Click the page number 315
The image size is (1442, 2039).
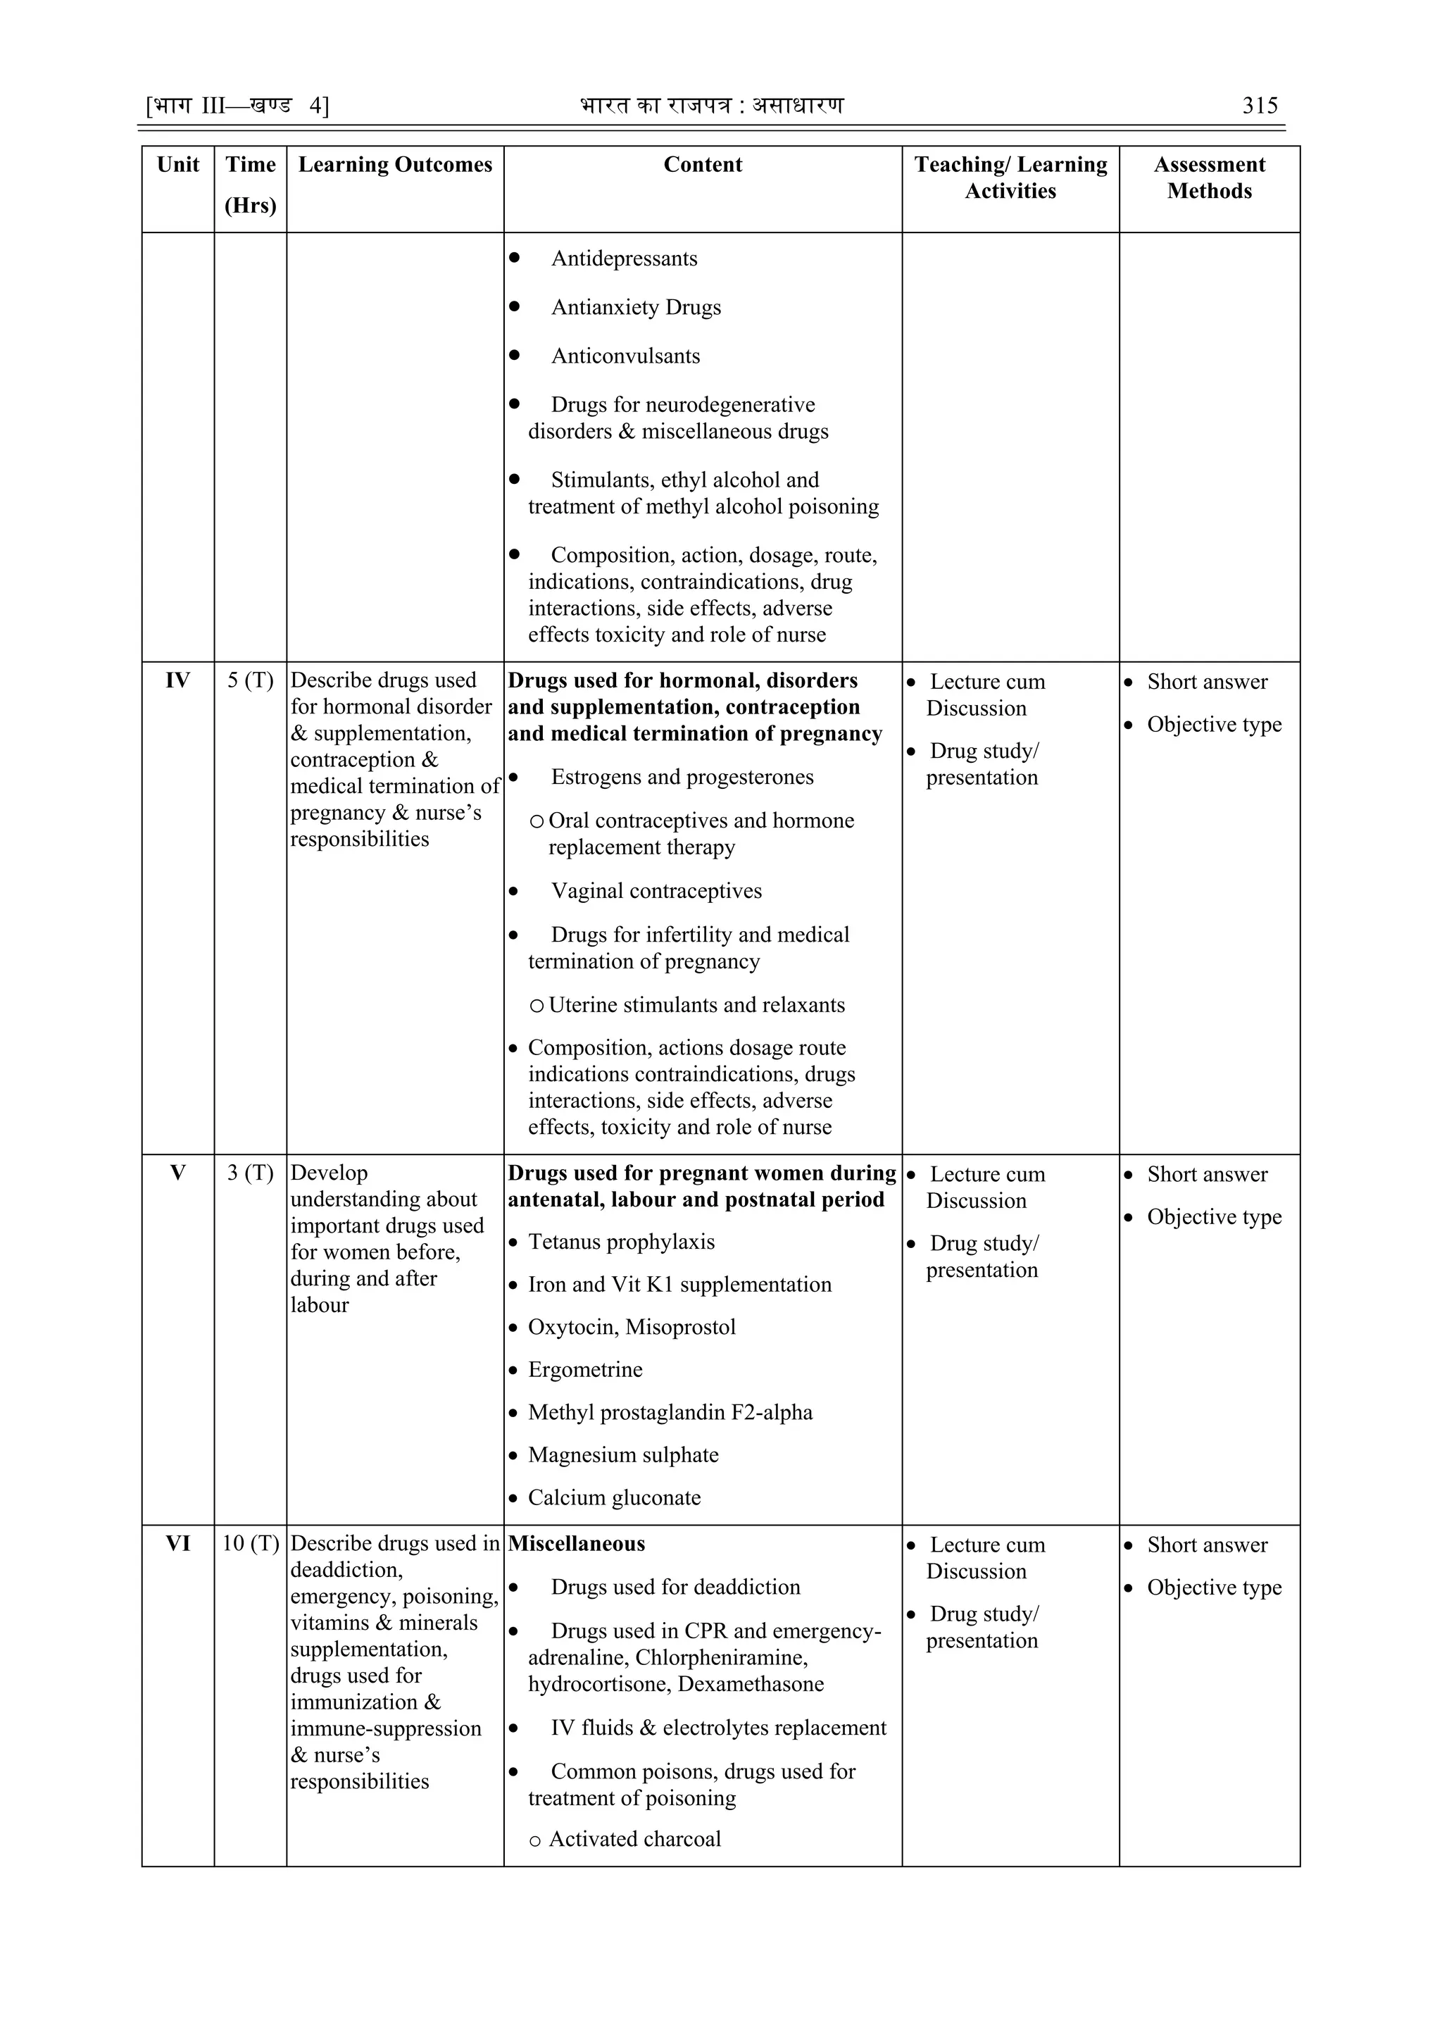pyautogui.click(x=1259, y=106)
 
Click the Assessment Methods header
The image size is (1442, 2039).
pyautogui.click(x=1210, y=177)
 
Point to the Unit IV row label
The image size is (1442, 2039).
pyautogui.click(x=177, y=680)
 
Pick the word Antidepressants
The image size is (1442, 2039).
pyautogui.click(x=625, y=258)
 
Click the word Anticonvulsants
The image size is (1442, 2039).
pyautogui.click(x=625, y=356)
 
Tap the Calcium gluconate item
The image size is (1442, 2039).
pyautogui.click(x=615, y=1497)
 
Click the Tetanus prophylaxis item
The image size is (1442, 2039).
pyautogui.click(x=622, y=1242)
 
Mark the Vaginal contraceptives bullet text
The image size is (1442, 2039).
pyautogui.click(x=656, y=891)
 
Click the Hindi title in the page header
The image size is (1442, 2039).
pyautogui.click(x=711, y=106)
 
